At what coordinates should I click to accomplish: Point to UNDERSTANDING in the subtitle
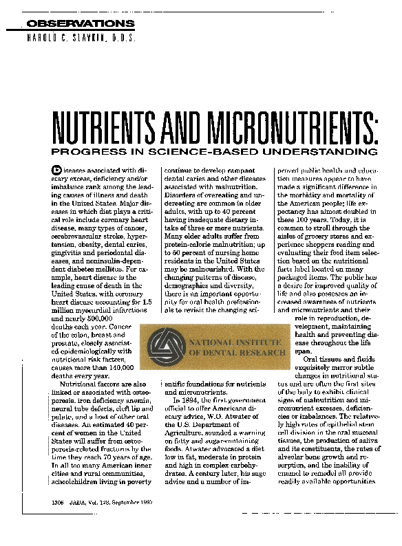(x=323, y=151)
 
